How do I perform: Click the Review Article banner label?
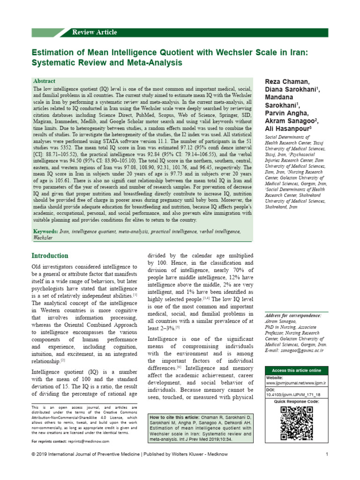(94, 32)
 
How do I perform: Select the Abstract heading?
(44, 81)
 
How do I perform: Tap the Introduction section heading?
(50, 256)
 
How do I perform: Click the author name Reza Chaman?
(287, 82)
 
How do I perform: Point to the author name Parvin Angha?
(287, 112)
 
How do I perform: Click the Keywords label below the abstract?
(45, 232)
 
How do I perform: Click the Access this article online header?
(296, 370)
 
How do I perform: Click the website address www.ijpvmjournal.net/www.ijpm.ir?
(296, 383)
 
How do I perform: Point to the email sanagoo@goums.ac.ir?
(301, 350)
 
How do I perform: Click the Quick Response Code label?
(296, 402)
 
